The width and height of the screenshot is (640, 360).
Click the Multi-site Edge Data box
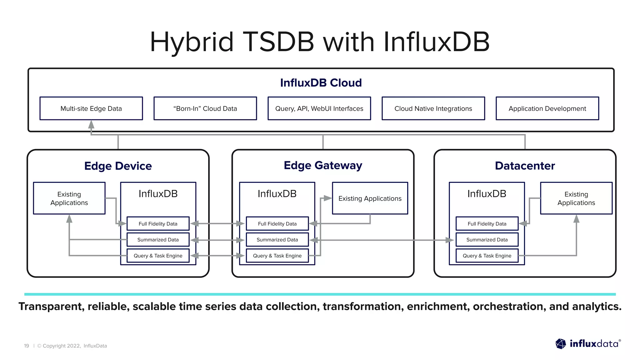(91, 108)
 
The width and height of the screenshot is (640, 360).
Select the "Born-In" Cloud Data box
(205, 108)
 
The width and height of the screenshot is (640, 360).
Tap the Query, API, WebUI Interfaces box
(319, 108)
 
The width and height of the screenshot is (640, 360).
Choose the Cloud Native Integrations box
(433, 108)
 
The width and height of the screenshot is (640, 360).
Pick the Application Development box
(547, 108)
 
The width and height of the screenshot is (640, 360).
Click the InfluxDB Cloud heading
(321, 83)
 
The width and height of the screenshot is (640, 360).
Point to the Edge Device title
(118, 166)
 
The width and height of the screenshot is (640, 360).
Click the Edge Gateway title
(323, 165)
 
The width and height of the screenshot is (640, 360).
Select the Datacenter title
(525, 166)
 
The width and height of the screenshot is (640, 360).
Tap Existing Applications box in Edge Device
(69, 198)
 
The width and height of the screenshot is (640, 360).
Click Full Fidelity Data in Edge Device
(158, 224)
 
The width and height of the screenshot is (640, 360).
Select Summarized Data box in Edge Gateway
(277, 240)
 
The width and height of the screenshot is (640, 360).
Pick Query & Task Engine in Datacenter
(487, 256)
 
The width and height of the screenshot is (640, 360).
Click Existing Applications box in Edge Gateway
(370, 198)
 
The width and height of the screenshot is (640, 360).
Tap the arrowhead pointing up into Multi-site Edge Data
(91, 125)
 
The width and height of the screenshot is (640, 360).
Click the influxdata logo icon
(561, 344)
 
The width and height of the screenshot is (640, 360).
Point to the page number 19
(27, 346)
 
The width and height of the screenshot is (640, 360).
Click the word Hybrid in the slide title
(192, 42)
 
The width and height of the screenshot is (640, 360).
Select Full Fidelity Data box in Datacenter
(487, 224)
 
